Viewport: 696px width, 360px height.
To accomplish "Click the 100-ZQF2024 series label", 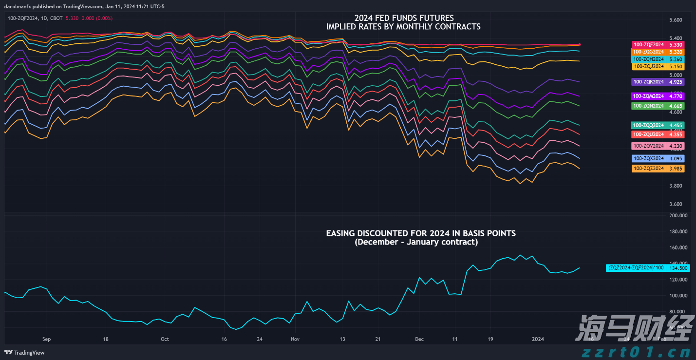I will tap(647, 44).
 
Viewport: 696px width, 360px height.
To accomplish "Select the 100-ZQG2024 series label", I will tap(647, 52).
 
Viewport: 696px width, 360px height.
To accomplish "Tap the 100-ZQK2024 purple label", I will tap(647, 81).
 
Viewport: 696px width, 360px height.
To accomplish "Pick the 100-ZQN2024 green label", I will tap(647, 106).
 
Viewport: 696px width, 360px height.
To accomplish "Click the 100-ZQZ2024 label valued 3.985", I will tap(648, 169).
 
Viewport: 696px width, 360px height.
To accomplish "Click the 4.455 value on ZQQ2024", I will tap(676, 125).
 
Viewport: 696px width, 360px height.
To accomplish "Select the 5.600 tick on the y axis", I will tap(676, 20).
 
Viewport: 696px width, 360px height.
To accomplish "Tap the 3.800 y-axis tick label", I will tap(676, 186).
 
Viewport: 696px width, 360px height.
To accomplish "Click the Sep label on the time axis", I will tap(47, 339).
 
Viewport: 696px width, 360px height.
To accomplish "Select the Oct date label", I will tap(165, 339).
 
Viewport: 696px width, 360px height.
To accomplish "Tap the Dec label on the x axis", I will tap(419, 339).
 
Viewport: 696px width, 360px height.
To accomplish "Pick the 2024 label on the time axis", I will tap(538, 339).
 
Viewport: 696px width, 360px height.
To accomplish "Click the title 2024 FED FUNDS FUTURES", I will tap(403, 19).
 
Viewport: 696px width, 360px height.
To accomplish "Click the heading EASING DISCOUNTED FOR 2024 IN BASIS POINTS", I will tap(421, 233).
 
